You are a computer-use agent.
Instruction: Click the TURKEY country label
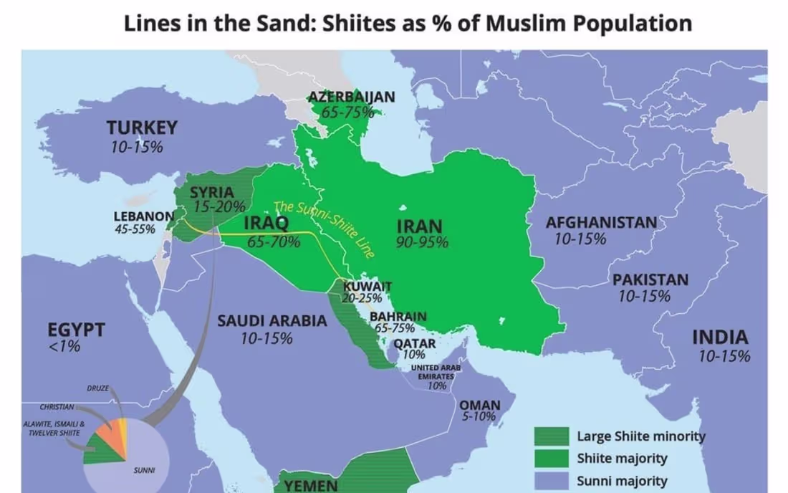click(x=142, y=128)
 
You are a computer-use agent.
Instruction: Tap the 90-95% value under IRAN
click(x=422, y=242)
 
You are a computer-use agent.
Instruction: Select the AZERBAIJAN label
click(x=351, y=97)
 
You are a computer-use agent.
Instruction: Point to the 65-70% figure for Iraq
click(x=274, y=241)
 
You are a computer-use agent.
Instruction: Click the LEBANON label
click(x=143, y=216)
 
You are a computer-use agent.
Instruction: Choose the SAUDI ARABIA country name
click(x=272, y=321)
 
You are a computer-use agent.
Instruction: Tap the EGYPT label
click(x=76, y=330)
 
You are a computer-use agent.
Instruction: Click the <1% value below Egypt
click(x=64, y=348)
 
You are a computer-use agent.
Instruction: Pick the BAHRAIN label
click(x=398, y=316)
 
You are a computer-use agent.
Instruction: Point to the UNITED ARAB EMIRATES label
click(x=436, y=371)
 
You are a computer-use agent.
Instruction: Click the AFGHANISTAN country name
click(x=601, y=222)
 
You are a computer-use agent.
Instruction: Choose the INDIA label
click(x=720, y=338)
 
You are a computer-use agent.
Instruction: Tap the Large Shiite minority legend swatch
click(x=551, y=436)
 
